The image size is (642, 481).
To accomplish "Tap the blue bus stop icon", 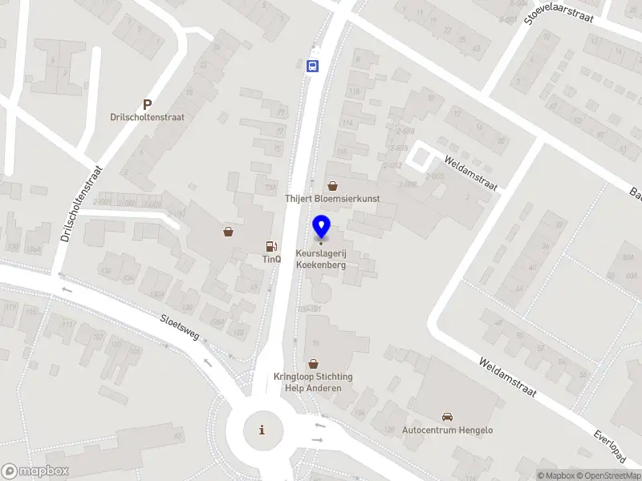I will click(x=313, y=67).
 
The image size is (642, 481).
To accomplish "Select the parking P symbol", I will click(x=147, y=104).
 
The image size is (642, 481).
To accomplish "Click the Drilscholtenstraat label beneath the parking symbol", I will click(x=147, y=117).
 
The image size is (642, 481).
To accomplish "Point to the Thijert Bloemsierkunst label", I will click(x=332, y=198).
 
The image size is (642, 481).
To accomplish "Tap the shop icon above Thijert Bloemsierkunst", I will click(x=332, y=185).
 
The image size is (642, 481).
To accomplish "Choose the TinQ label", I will click(x=272, y=259).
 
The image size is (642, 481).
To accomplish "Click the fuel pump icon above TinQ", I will click(x=272, y=246).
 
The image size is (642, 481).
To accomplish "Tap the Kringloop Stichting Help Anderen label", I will click(x=313, y=382).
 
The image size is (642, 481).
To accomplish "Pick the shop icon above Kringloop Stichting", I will click(x=313, y=364).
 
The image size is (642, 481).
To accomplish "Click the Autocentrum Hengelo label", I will click(x=447, y=430).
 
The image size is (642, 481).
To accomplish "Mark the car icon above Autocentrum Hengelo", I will click(x=447, y=417).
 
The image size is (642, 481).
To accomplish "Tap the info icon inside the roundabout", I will click(x=262, y=430).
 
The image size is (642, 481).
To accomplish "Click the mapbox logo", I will click(x=35, y=471).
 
